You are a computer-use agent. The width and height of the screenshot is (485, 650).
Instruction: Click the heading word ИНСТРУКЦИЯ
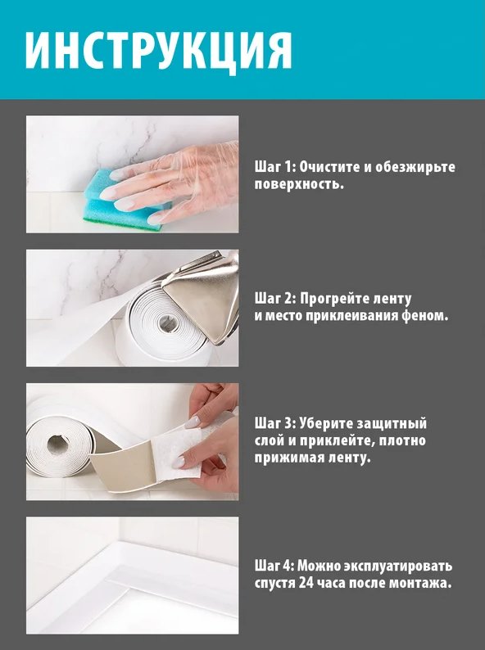pos(158,51)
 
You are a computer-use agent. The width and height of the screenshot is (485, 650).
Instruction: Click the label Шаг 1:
pos(274,167)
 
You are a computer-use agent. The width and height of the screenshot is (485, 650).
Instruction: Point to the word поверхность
pos(299,184)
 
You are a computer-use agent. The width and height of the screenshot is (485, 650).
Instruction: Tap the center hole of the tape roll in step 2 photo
pos(167,322)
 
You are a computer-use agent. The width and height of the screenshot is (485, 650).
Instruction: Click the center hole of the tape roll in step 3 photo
pos(58,444)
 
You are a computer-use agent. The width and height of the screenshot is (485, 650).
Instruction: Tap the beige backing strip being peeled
pos(125,464)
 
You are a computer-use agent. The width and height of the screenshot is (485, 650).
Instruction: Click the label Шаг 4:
pos(274,566)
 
